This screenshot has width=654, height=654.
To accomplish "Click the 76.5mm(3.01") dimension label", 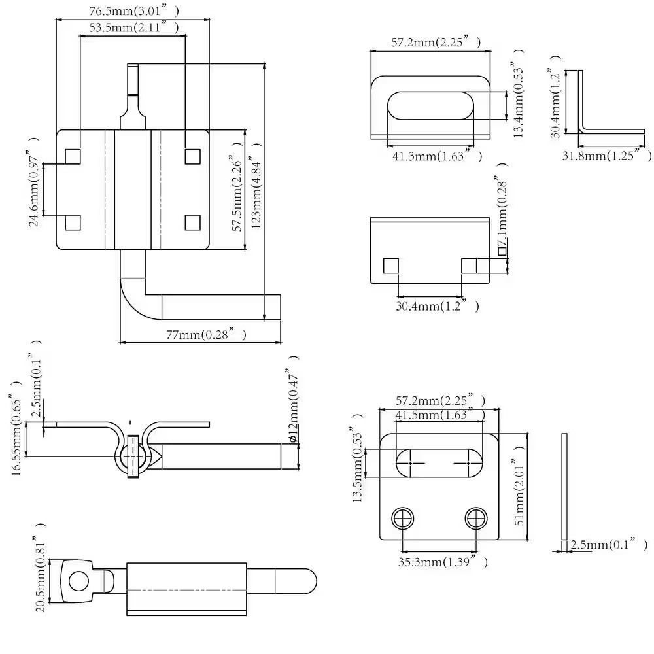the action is click(134, 11).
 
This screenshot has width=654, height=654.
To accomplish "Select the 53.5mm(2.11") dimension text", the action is click(134, 27).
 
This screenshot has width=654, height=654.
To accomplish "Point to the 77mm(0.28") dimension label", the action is click(206, 334).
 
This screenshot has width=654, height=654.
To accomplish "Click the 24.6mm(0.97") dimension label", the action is click(34, 181).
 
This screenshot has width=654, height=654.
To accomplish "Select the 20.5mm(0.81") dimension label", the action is click(41, 567).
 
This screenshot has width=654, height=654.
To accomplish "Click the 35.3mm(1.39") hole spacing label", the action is click(443, 561).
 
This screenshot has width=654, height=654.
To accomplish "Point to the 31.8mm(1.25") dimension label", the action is click(607, 155).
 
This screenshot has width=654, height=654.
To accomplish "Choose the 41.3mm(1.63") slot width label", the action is click(437, 156).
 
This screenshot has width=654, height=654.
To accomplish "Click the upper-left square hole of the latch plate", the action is click(73, 156).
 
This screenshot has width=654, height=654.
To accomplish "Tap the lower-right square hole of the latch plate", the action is click(193, 223).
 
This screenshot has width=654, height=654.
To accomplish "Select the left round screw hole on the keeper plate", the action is click(403, 519).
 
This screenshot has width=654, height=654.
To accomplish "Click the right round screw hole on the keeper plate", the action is click(476, 519).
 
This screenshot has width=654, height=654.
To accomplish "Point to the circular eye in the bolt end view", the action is click(79, 581).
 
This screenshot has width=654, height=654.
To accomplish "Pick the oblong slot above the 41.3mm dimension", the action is click(431, 105).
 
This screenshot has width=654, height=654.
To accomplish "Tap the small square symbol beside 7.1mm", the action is click(502, 251).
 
